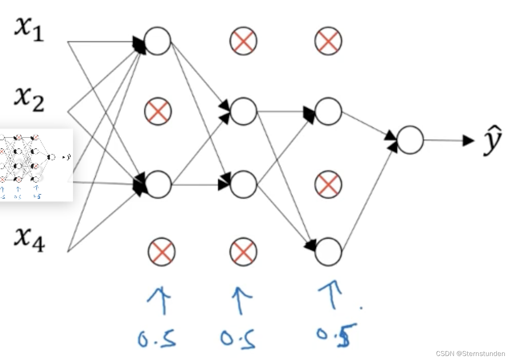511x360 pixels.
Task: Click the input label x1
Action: [x=29, y=30]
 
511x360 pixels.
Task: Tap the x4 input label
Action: [x=29, y=239]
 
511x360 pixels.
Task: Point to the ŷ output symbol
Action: [x=492, y=141]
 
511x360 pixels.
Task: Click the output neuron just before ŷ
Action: [x=410, y=140]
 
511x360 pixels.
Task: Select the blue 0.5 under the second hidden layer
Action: [x=239, y=338]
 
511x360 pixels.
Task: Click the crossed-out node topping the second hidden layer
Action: [x=243, y=41]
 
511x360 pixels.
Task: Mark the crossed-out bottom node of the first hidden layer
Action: [x=162, y=251]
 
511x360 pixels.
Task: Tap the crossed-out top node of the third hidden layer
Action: [x=328, y=41]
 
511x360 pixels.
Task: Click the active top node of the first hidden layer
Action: [x=158, y=41]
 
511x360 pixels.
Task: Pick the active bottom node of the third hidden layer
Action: [x=328, y=252]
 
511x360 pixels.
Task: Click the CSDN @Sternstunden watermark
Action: [x=470, y=354]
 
